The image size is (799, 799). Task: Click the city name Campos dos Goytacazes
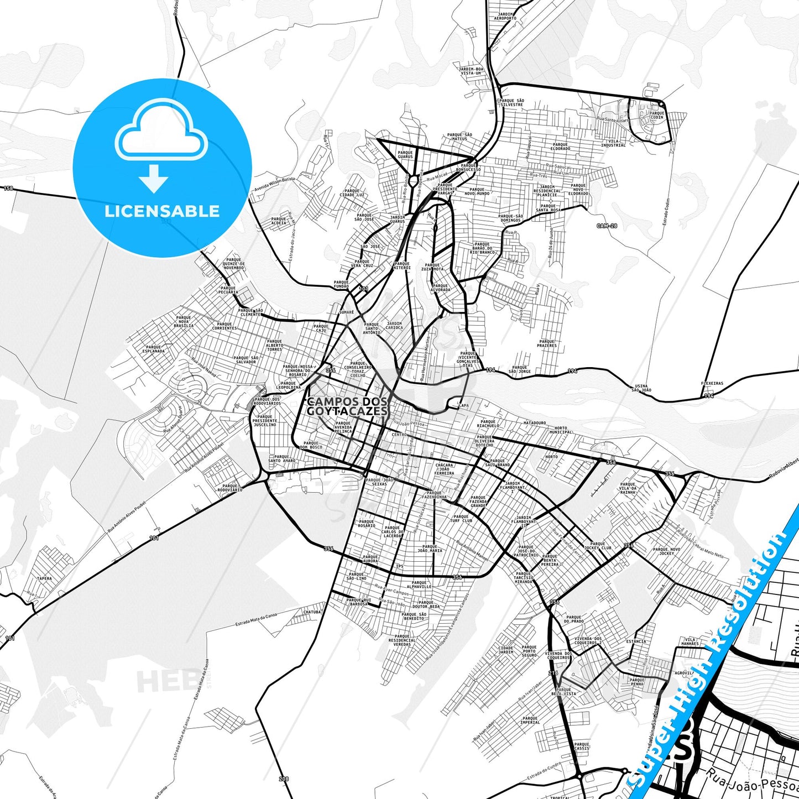347,406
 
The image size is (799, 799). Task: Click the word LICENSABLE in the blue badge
162,211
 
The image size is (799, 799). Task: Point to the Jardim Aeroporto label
506,16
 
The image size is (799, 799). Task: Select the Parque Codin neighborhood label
657,115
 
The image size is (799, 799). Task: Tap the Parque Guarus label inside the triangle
405,155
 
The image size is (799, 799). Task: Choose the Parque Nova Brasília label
184,322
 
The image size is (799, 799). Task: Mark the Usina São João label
642,388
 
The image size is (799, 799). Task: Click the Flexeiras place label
712,383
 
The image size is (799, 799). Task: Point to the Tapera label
44,578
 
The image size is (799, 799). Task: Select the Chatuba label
312,612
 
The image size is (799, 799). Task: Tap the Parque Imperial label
530,720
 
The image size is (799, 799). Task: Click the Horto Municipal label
560,430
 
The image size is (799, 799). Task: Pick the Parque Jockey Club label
598,546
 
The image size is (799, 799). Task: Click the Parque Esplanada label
153,349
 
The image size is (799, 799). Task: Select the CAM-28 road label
607,226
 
